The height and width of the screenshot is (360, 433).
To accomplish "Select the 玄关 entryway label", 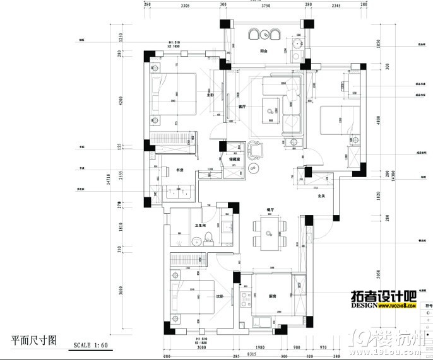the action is pyautogui.click(x=321, y=196).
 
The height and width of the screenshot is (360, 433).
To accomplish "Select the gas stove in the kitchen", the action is pyautogui.click(x=258, y=322).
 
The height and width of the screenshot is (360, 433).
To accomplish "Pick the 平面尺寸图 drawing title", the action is pyautogui.click(x=34, y=340).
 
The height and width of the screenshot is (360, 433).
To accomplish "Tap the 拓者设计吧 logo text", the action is pyautogui.click(x=383, y=296).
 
